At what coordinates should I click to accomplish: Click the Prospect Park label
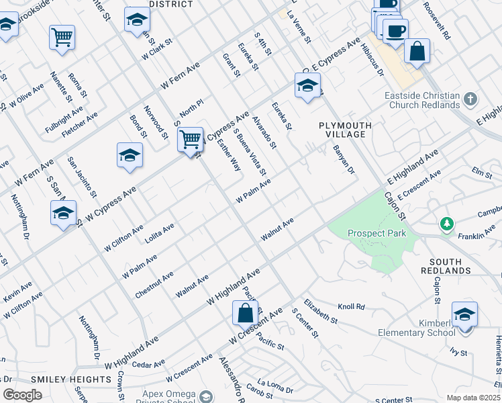pyautogui.click(x=376, y=234)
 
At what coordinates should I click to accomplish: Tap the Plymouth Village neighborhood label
pyautogui.click(x=342, y=130)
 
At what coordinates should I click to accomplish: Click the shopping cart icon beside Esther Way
pyautogui.click(x=191, y=140)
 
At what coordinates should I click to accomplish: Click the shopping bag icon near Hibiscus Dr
pyautogui.click(x=417, y=52)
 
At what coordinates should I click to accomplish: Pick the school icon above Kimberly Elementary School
pyautogui.click(x=464, y=314)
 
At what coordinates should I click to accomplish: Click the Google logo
pyautogui.click(x=21, y=395)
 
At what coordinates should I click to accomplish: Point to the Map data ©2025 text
pyautogui.click(x=473, y=398)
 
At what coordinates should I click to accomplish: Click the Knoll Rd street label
pyautogui.click(x=351, y=307)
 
